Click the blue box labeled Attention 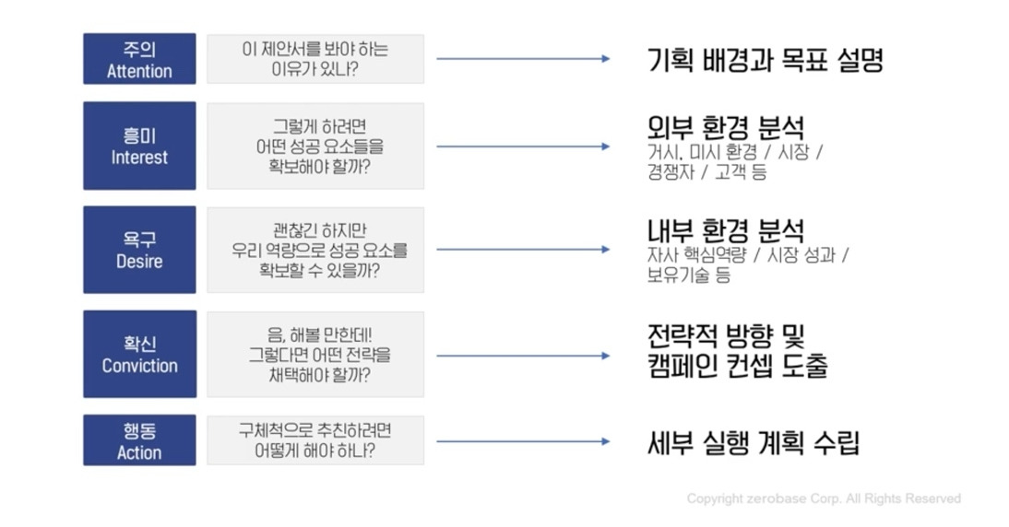[139, 59]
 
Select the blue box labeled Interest [139, 146]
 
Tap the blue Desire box [139, 250]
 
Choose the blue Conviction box [139, 354]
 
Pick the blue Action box [139, 439]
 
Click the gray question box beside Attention [315, 59]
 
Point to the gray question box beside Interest [315, 146]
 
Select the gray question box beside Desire [315, 250]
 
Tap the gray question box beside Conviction [315, 354]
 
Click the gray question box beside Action [315, 439]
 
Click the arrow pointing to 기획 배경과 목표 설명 [523, 59]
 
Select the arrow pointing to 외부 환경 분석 [523, 146]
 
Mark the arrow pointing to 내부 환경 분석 [523, 250]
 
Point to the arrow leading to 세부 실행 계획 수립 [523, 441]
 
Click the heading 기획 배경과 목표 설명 [766, 61]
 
